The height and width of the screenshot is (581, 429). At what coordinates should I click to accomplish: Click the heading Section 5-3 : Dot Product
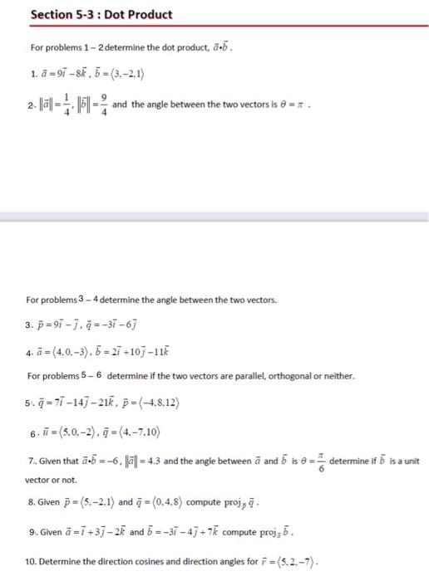click(100, 14)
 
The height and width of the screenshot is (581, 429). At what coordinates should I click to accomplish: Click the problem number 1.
click(30, 81)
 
